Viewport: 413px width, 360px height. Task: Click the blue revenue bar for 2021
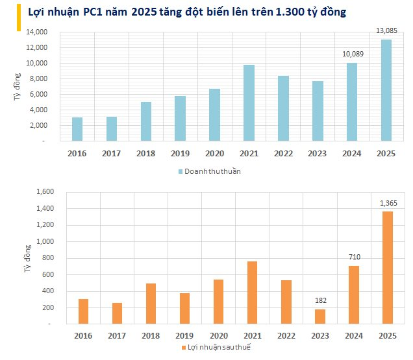point(249,103)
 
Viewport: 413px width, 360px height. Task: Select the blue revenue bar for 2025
point(386,90)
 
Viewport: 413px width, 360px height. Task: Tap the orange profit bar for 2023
point(320,317)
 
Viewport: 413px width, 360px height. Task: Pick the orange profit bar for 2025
point(388,268)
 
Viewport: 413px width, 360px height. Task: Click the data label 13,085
point(386,30)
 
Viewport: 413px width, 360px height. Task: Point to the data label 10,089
point(353,54)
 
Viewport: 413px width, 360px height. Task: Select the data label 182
point(321,300)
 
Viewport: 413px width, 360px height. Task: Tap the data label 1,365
point(388,203)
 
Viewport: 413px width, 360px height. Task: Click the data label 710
point(355,257)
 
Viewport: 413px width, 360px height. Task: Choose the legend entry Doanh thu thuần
point(210,171)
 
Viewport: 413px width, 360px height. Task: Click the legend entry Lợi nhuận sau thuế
point(216,348)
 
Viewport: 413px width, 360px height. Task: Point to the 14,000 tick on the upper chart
point(36,32)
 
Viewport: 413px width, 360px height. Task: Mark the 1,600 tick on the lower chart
point(45,191)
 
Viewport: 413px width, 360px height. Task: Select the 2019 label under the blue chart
point(180,154)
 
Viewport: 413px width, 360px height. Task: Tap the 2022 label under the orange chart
point(286,336)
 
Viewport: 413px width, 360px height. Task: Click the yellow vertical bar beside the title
point(19,18)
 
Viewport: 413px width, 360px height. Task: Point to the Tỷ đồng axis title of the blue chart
point(17,86)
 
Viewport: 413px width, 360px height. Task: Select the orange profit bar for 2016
point(83,311)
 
